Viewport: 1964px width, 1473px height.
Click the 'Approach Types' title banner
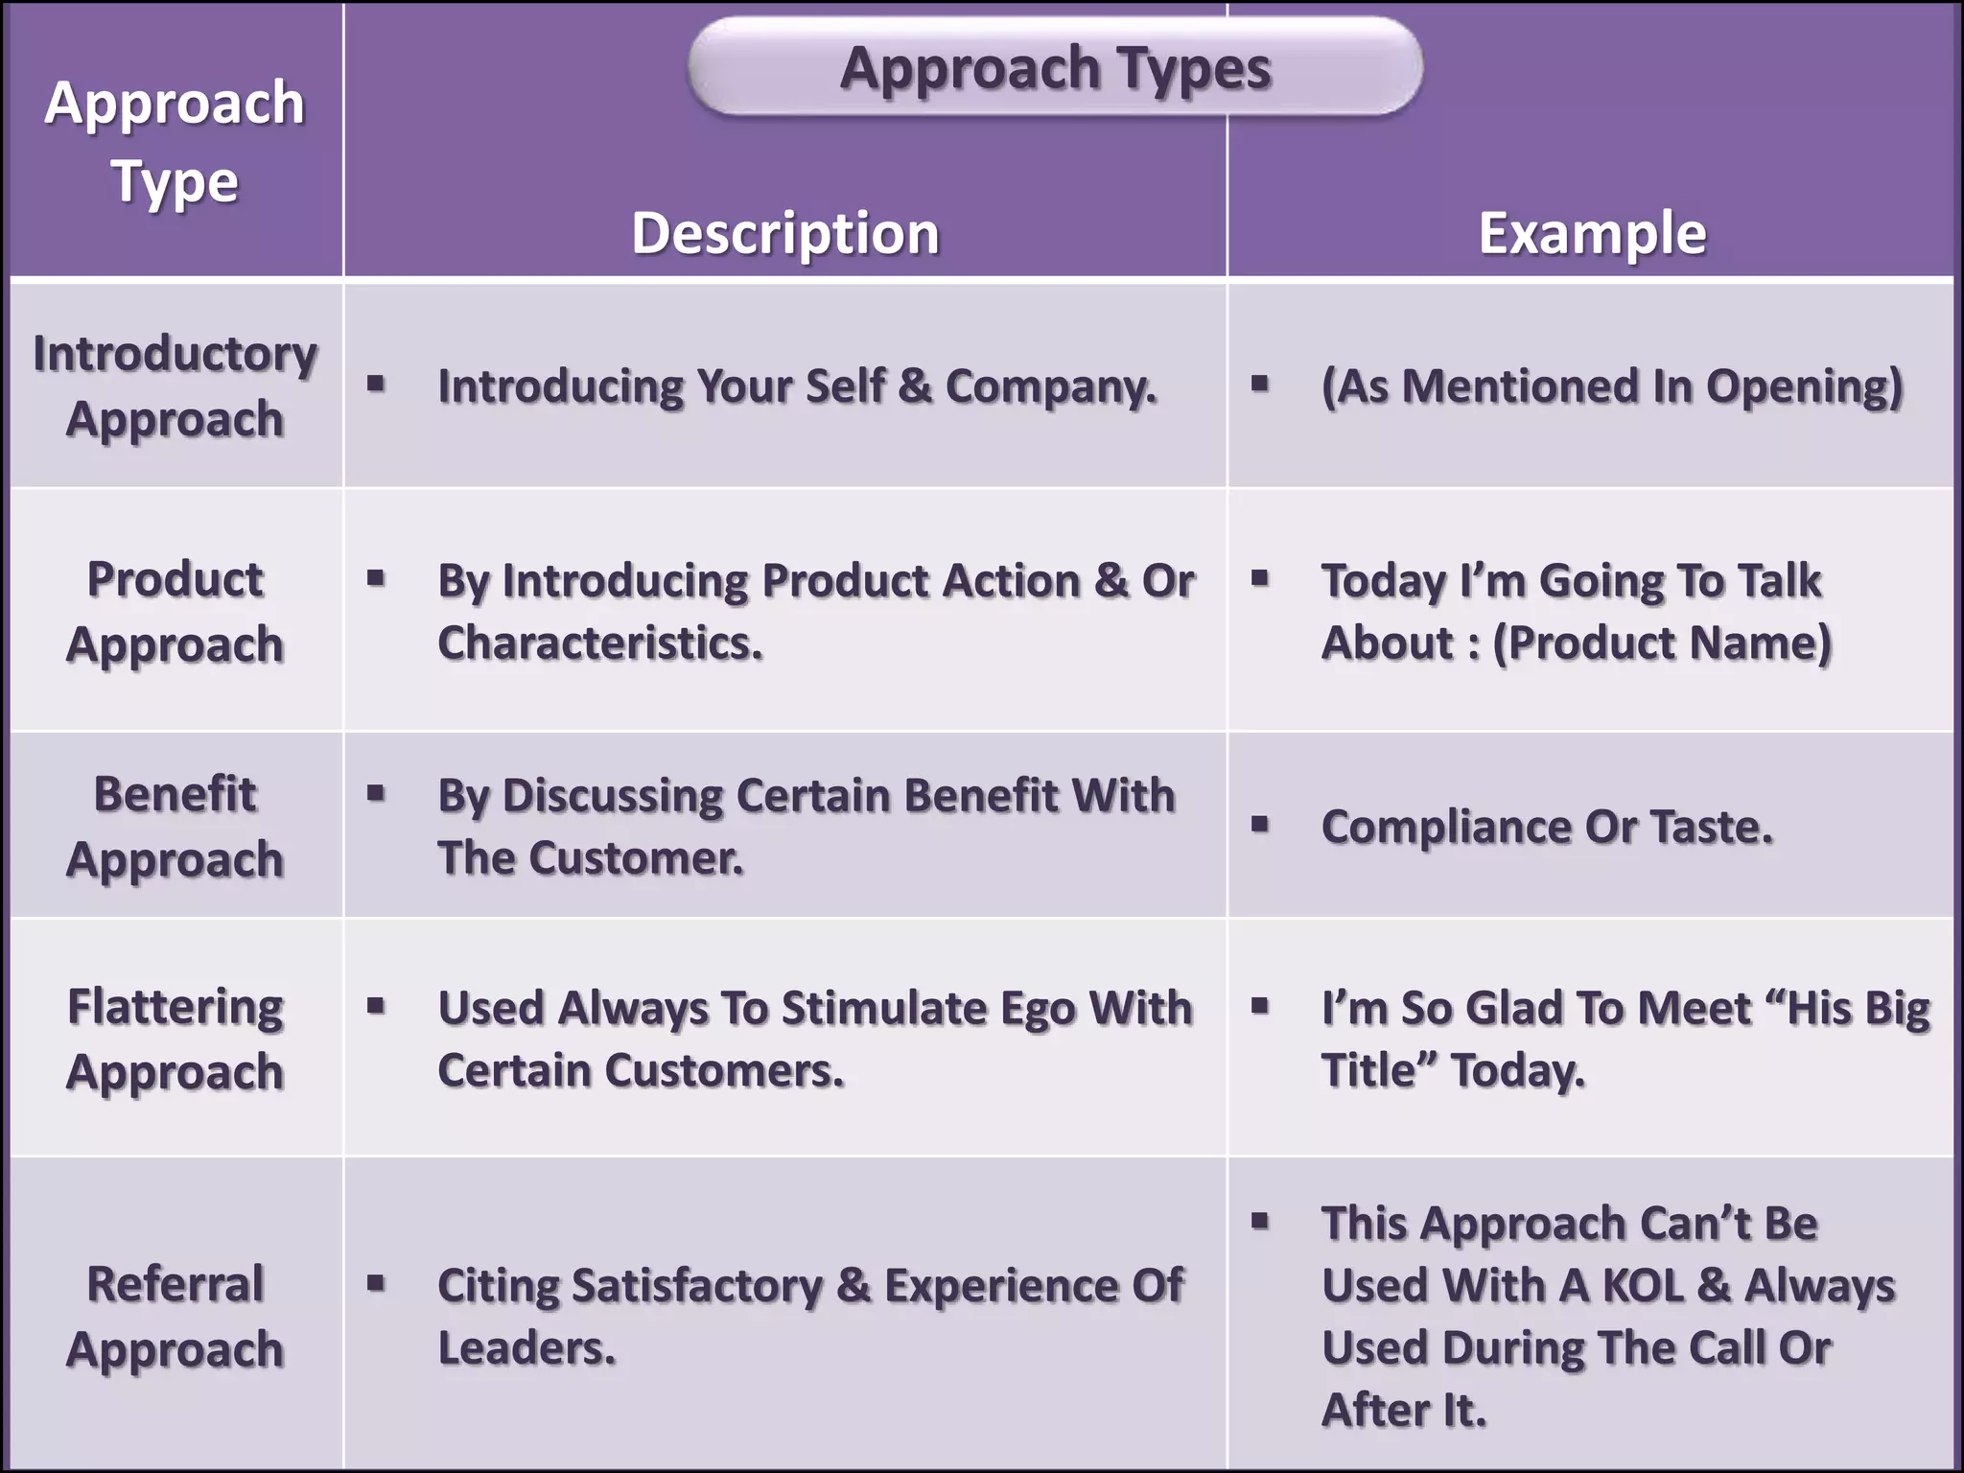(x=1055, y=67)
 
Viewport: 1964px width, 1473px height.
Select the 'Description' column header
(x=784, y=233)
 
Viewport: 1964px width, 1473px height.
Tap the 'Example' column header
(x=1592, y=233)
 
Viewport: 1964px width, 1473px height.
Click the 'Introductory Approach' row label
(x=175, y=386)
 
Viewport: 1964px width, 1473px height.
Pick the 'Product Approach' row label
(x=175, y=611)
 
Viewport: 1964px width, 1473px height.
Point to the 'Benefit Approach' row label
(x=175, y=826)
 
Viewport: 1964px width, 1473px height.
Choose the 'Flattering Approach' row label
(x=175, y=1039)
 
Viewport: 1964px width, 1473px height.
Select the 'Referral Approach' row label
(x=175, y=1316)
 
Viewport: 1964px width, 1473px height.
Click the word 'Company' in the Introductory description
(x=1049, y=386)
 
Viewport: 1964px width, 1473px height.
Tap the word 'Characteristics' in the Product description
(x=599, y=643)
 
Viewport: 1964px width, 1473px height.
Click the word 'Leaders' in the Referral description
(x=526, y=1347)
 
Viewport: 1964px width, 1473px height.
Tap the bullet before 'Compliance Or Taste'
(x=1260, y=824)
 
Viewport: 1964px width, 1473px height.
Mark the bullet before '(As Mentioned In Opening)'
(x=1260, y=384)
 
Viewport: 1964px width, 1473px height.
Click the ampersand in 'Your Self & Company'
(x=915, y=386)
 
